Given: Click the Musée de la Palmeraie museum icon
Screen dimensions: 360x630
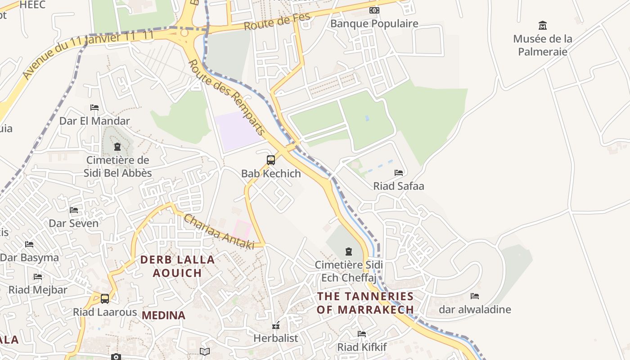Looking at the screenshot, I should tap(543, 25).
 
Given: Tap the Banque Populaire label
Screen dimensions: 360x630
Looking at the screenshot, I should tap(374, 23).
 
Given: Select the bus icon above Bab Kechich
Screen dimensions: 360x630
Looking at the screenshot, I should tap(271, 160).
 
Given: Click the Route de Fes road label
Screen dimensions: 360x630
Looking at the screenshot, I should tap(278, 22).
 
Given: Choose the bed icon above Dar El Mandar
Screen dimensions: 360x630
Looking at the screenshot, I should tap(94, 108).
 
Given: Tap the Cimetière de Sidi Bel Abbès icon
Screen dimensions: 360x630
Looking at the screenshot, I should tap(117, 147).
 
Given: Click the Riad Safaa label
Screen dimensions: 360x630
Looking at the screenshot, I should tap(399, 186).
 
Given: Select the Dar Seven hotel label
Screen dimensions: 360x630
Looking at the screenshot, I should tap(73, 223).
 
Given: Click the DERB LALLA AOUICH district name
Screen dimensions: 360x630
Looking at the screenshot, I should tap(177, 266).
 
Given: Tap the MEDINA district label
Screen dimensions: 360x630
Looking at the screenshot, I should tap(163, 315).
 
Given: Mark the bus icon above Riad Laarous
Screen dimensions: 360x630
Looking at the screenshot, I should tap(105, 298).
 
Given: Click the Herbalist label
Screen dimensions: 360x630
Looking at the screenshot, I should tap(275, 338).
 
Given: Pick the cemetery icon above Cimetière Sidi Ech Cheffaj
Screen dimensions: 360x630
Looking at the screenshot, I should tap(348, 251).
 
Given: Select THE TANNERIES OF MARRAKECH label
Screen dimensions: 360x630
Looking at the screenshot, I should tap(365, 303).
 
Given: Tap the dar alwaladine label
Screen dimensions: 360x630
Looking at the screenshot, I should tap(474, 309).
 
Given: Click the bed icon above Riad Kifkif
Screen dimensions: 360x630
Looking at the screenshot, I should tap(362, 333).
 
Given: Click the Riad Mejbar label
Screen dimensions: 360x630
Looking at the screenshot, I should tap(38, 290).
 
